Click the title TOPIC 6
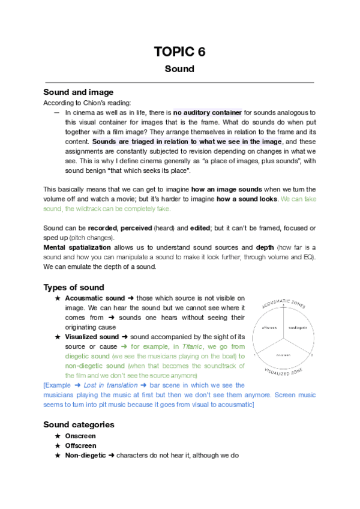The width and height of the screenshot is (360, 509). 179,52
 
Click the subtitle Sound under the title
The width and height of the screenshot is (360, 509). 179,68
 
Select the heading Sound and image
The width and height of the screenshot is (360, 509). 78,92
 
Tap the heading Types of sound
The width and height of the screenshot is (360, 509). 74,287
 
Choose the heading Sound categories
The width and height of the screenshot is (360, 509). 79,424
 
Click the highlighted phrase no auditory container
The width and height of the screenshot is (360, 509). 208,112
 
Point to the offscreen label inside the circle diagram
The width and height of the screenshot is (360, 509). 268,328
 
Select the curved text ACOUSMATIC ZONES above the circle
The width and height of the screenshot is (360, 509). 283,302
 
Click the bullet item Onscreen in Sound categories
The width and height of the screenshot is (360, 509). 80,436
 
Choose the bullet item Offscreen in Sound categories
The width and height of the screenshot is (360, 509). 80,446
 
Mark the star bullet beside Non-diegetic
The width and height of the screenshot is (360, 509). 57,456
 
